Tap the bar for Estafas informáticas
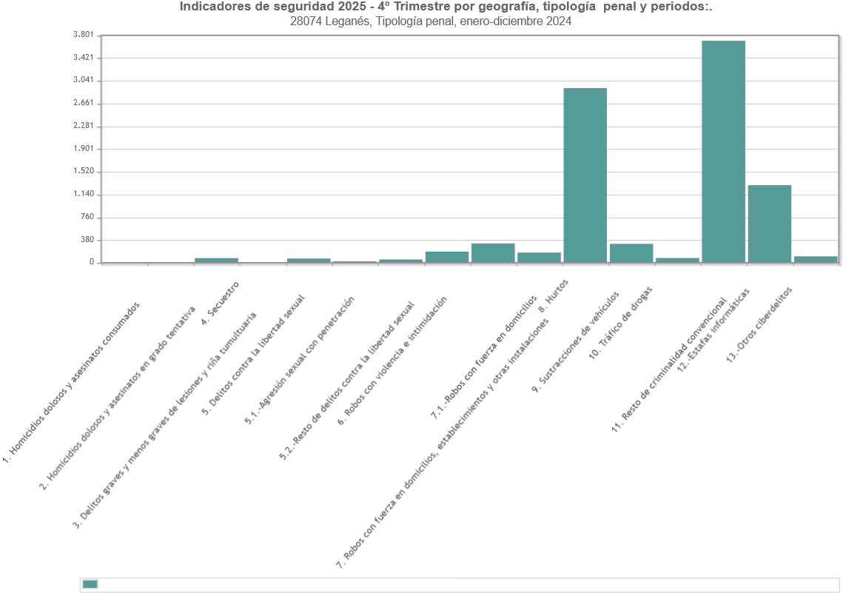(769, 223)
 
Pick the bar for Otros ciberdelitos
(815, 259)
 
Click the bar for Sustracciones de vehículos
(631, 252)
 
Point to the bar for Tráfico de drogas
(677, 260)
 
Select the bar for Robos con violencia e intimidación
(446, 257)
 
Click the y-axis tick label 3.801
(84, 35)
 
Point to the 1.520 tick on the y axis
(84, 171)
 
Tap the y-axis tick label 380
(87, 240)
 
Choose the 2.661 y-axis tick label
(84, 103)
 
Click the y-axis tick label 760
(87, 217)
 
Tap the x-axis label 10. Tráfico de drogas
(620, 322)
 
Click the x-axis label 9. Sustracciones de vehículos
(575, 340)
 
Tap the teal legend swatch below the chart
(90, 584)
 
